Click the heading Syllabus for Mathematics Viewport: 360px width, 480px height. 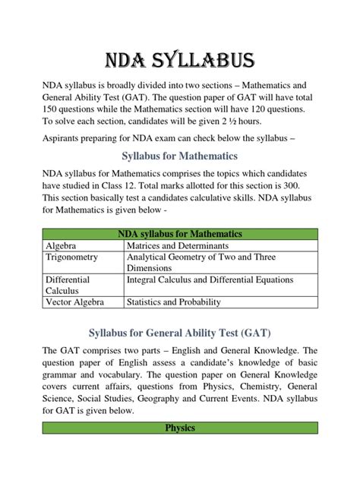point(179,156)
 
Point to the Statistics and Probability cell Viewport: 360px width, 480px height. point(175,302)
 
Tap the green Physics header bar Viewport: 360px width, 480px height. point(179,428)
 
